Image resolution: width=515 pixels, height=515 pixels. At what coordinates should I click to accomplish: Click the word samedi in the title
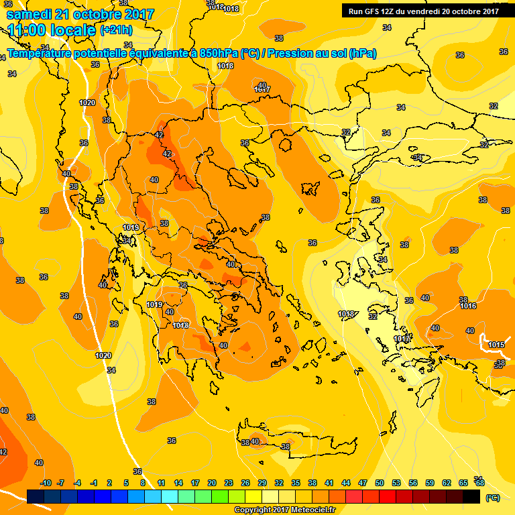tap(31, 14)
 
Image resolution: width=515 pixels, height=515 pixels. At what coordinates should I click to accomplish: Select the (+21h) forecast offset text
tap(116, 31)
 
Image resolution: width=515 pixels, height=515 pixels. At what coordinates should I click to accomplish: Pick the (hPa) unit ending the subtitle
tap(362, 54)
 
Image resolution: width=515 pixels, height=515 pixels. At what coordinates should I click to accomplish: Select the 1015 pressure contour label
tap(496, 345)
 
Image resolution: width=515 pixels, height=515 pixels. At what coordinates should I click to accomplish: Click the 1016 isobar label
tap(468, 306)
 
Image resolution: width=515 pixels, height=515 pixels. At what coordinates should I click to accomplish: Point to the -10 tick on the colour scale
tap(46, 483)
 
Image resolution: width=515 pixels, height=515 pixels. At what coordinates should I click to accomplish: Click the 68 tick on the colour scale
tap(480, 483)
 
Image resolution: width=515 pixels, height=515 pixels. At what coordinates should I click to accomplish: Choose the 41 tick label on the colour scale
tap(329, 483)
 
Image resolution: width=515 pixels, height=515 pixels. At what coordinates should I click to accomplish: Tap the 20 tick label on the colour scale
tap(212, 483)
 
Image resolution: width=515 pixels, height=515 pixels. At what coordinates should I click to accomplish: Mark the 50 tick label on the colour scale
tap(380, 483)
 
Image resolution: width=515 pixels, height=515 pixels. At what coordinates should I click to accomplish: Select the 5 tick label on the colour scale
tap(127, 483)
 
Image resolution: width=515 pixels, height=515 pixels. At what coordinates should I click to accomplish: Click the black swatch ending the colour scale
tap(471, 496)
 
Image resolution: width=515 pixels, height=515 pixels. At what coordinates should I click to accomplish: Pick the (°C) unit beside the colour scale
tap(493, 498)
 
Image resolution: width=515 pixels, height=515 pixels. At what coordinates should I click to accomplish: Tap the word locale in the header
tap(75, 31)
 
